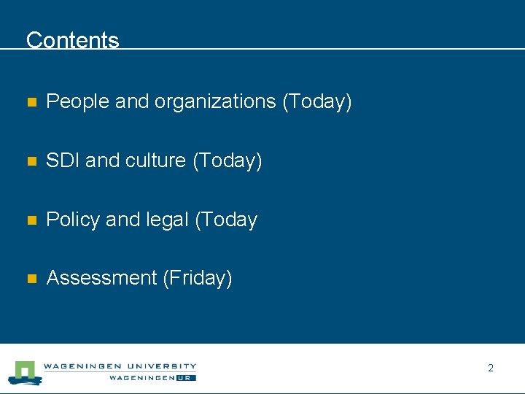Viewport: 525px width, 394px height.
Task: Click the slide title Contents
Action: coord(72,39)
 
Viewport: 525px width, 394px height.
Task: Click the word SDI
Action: coord(63,161)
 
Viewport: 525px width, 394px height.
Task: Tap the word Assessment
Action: coord(101,278)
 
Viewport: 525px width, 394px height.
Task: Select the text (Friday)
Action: coord(198,278)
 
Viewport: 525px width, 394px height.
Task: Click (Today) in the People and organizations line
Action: coord(317,101)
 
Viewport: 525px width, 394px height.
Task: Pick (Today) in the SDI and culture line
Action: coord(227,161)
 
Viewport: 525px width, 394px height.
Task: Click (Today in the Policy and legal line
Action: coord(226,220)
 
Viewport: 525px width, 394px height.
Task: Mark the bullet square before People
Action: coord(31,103)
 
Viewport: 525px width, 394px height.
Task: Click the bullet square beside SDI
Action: coord(31,161)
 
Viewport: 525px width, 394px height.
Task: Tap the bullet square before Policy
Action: coord(31,220)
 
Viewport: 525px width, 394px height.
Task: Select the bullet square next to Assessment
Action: coord(31,279)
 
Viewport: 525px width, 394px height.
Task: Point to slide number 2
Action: coord(491,368)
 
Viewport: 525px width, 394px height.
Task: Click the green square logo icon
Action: coord(26,371)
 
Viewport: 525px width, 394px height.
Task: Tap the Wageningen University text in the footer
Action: coord(120,366)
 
